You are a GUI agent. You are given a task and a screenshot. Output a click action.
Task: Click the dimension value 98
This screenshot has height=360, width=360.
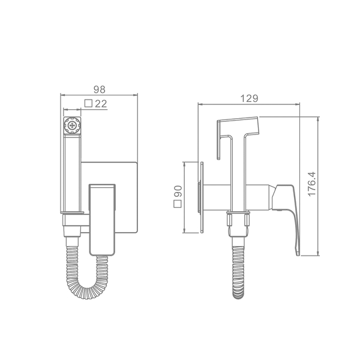tap(100, 89)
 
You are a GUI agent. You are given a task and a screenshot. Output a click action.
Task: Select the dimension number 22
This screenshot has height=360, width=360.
tap(101, 104)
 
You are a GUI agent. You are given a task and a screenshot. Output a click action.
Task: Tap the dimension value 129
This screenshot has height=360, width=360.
tap(249, 98)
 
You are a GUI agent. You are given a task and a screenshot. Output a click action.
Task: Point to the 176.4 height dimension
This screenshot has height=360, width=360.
tap(312, 184)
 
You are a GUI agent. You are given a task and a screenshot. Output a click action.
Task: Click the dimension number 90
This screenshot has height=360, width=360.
tap(178, 191)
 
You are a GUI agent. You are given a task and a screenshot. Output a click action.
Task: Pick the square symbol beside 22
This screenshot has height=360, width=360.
tap(88, 104)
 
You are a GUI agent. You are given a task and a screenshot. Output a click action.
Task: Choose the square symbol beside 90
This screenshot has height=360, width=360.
tap(178, 204)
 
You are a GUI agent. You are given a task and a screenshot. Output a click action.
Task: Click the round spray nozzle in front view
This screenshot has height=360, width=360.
tap(72, 125)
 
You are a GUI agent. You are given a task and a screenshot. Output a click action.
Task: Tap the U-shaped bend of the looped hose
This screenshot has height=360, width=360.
tap(87, 291)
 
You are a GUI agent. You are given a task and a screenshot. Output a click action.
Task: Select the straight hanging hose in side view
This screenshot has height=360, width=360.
tap(239, 272)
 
